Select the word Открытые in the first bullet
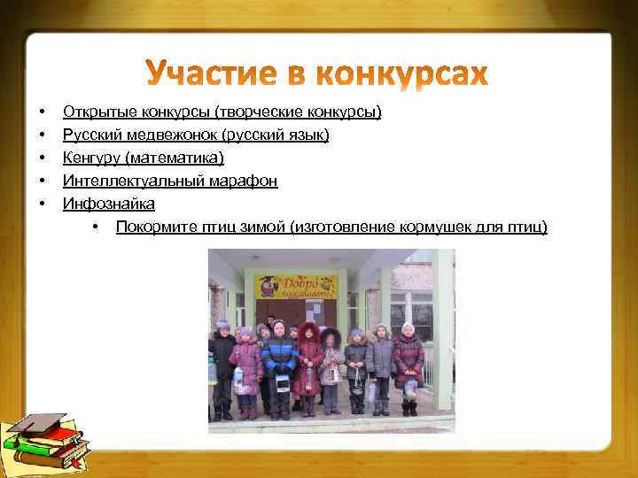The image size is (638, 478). click(x=94, y=112)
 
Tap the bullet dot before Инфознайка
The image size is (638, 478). click(x=42, y=204)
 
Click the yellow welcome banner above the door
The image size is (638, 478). click(x=297, y=285)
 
